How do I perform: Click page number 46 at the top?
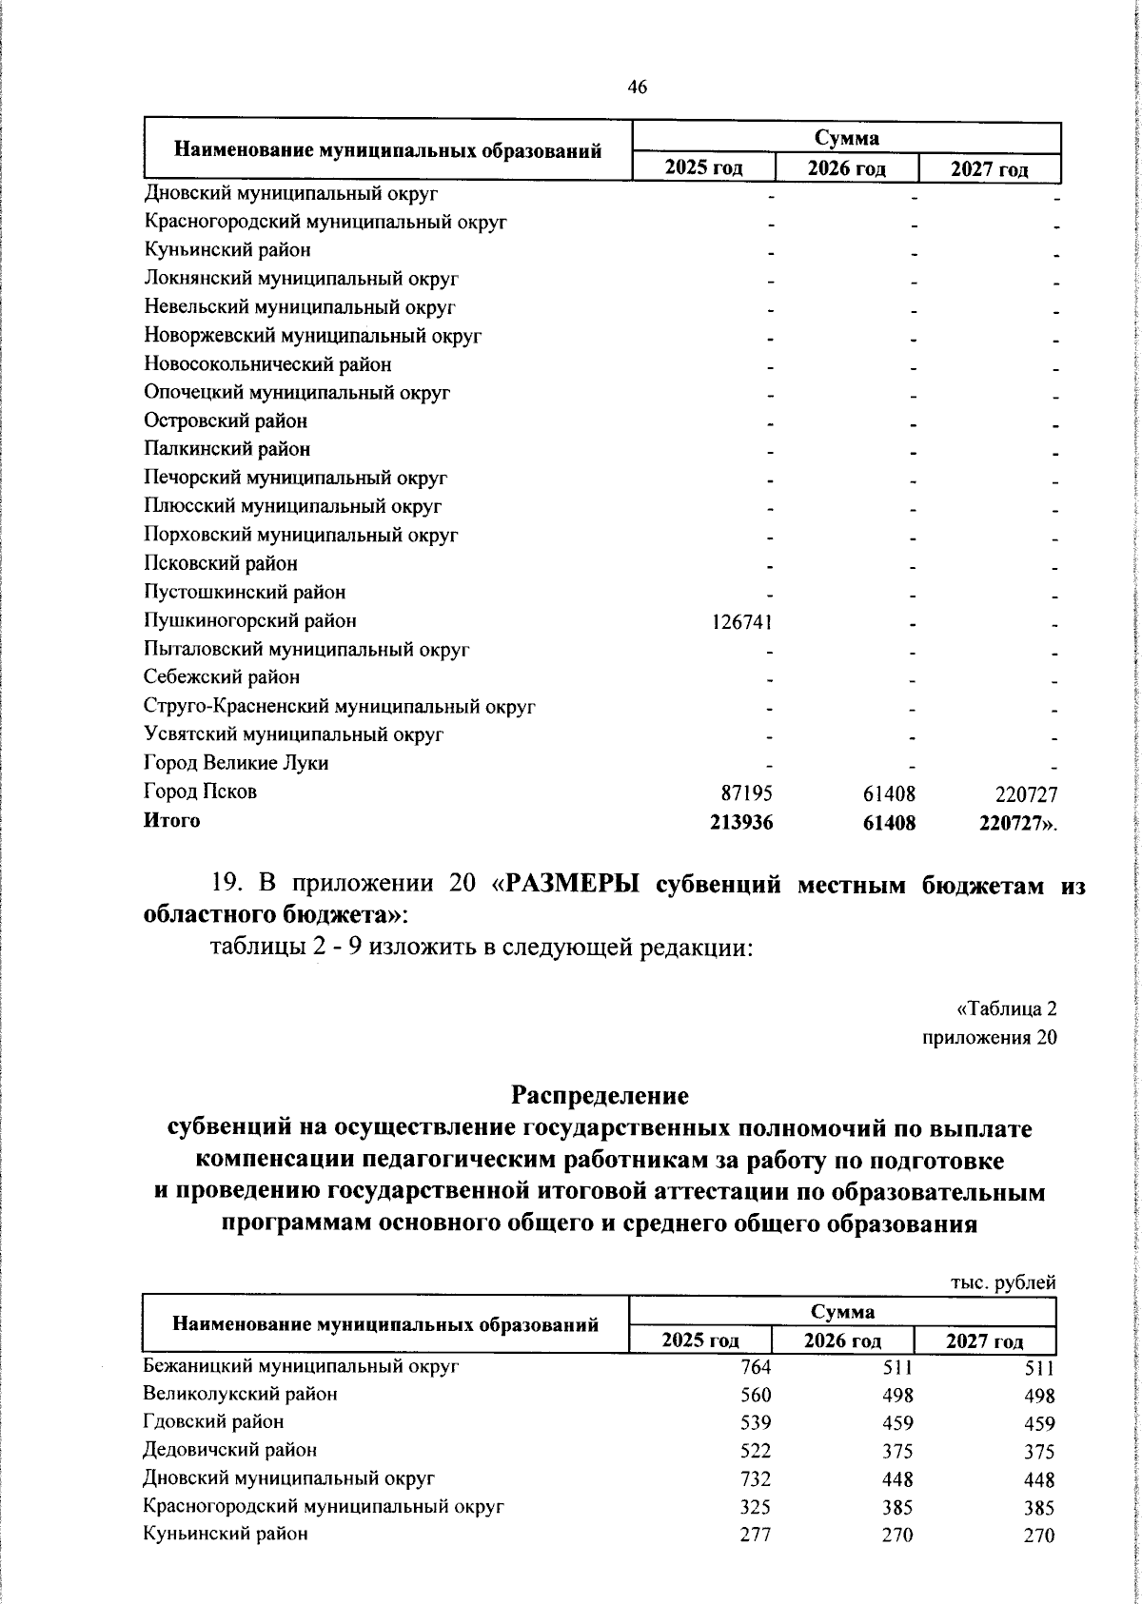coord(638,88)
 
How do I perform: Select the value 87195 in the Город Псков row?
coord(747,792)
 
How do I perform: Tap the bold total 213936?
coord(741,821)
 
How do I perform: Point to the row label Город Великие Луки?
coord(236,763)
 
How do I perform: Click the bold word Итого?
coord(171,820)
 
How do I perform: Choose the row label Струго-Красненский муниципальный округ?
coord(339,707)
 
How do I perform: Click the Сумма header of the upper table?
coord(846,139)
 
